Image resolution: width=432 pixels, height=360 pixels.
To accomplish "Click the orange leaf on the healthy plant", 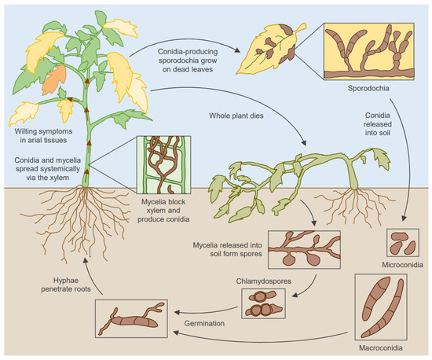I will coord(55,79).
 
